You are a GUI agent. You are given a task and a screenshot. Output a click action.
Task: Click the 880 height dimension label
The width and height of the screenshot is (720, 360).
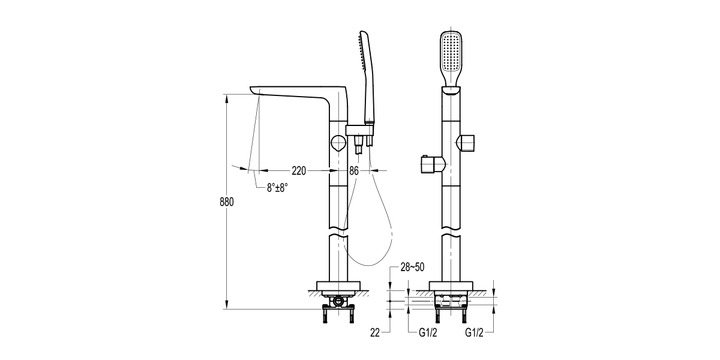[x=227, y=202]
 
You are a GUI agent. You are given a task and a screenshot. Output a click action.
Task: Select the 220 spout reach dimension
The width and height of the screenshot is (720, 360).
[x=299, y=170]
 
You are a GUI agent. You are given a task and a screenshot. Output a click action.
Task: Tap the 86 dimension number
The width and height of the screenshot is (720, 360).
[x=353, y=170]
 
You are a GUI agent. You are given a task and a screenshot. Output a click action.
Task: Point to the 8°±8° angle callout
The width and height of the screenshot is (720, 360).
[x=277, y=188]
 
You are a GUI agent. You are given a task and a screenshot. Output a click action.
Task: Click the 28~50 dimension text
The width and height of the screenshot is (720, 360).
[x=412, y=267]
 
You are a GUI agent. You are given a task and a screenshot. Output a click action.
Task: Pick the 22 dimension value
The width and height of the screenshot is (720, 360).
[x=375, y=332]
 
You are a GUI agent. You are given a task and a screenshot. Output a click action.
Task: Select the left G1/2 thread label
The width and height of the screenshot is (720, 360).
[x=428, y=332]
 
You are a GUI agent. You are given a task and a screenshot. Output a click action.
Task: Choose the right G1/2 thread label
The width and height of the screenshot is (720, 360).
[x=474, y=332]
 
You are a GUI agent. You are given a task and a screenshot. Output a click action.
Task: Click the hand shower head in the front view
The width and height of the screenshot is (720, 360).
[x=451, y=58]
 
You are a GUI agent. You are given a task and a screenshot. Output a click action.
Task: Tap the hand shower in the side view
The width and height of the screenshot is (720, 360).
[x=367, y=77]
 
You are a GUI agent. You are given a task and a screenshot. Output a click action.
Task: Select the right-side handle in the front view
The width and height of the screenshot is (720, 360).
[x=467, y=143]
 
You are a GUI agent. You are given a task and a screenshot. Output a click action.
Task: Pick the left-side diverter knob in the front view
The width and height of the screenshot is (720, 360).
[x=433, y=164]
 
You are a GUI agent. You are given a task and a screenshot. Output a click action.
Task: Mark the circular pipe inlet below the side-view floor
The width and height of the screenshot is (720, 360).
[x=338, y=301]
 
